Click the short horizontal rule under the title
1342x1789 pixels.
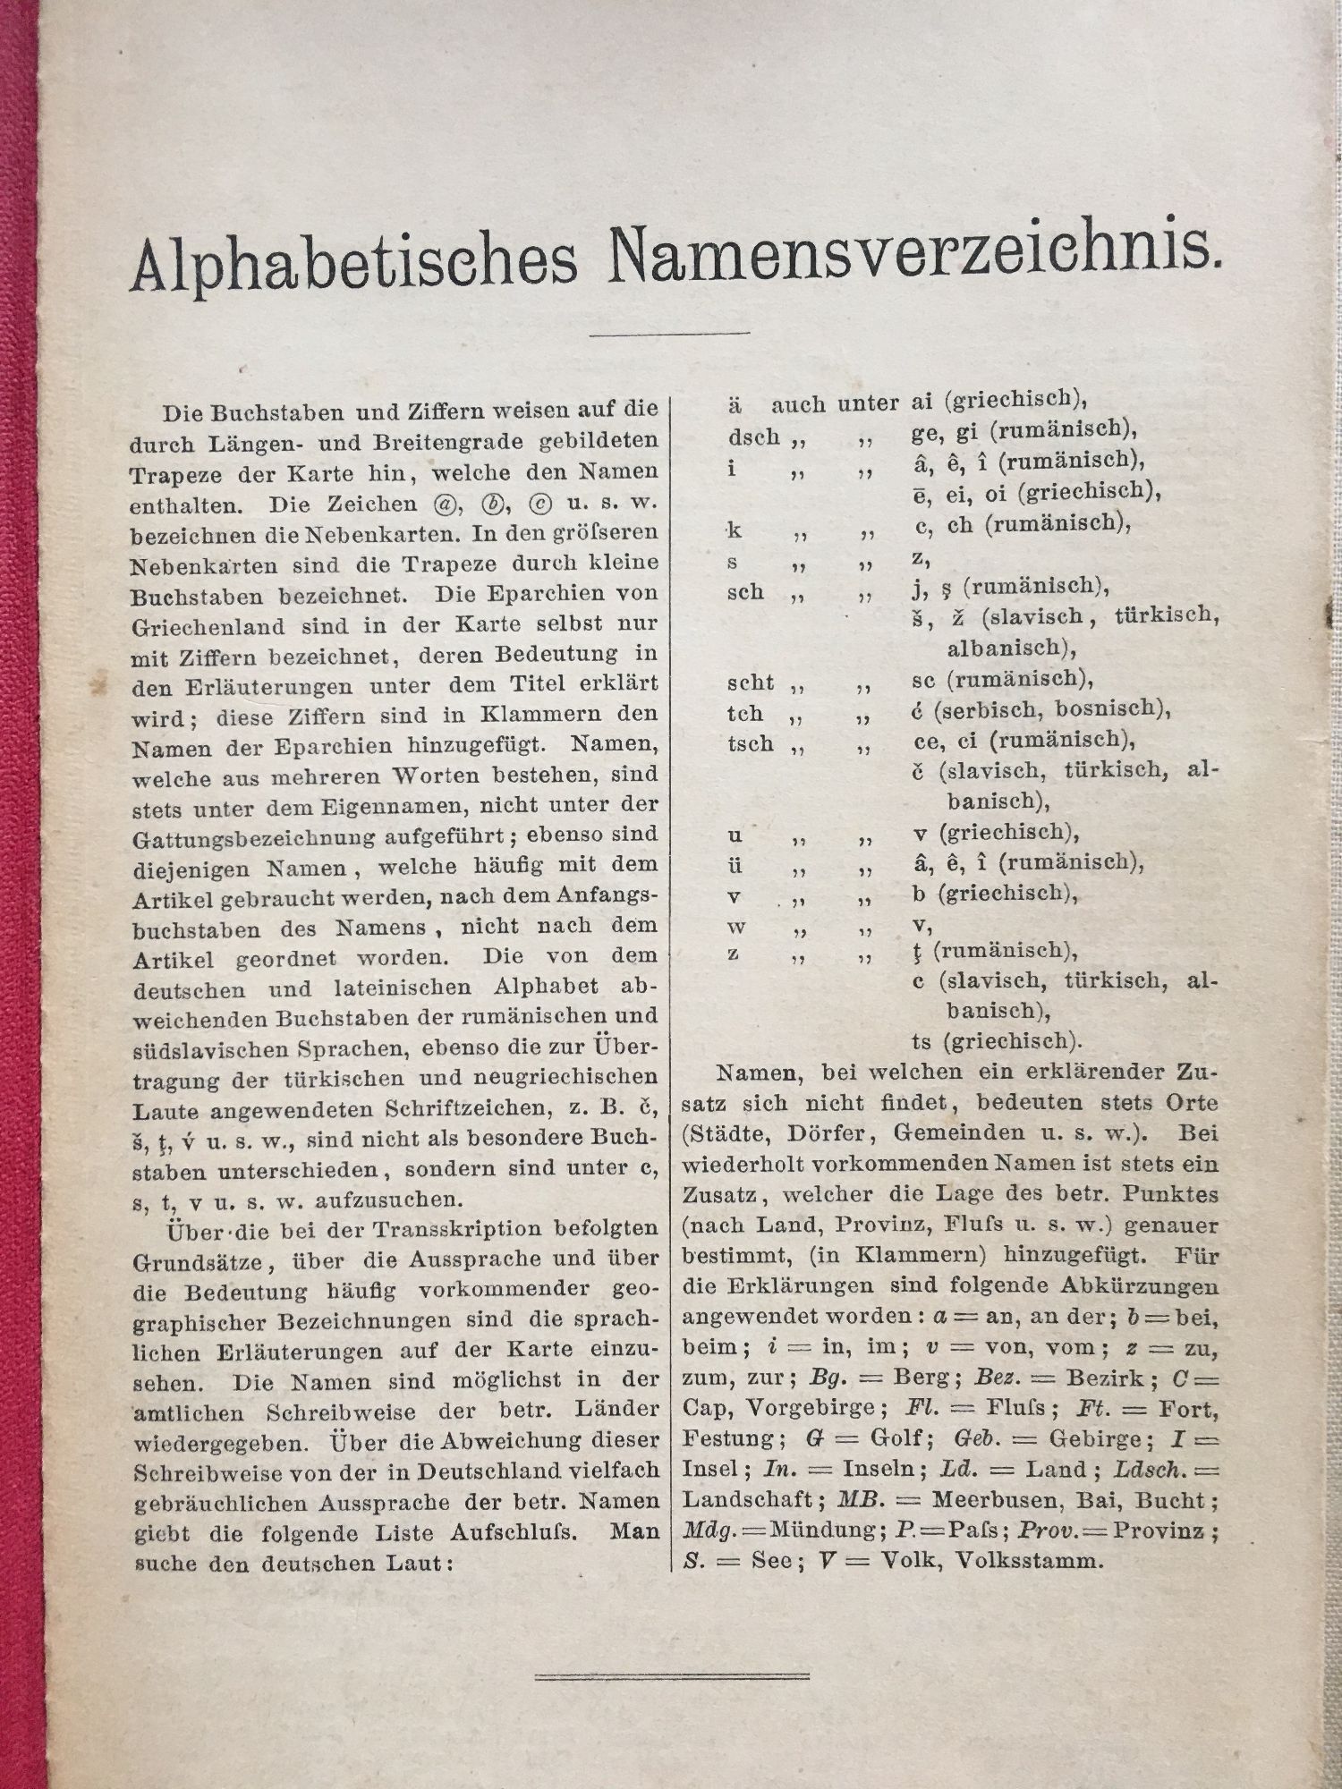669,334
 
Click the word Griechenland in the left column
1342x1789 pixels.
208,625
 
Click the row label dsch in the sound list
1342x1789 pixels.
753,438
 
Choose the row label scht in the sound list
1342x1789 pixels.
750,683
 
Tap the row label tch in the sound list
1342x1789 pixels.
745,714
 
